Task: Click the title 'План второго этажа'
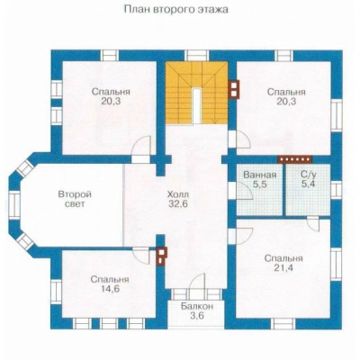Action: tap(176, 10)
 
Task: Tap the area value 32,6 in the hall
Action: tap(177, 204)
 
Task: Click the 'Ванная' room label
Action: tap(260, 175)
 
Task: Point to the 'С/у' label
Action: tap(308, 175)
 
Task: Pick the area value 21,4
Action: tap(283, 268)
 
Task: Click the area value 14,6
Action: tap(110, 289)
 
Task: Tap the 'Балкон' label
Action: tap(197, 306)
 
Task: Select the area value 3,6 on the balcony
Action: tap(197, 316)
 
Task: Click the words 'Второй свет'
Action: tap(75, 199)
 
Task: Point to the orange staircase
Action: tap(196, 93)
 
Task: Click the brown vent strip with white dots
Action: tap(295, 159)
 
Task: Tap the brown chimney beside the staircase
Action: tap(234, 89)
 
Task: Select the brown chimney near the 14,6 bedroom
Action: tap(161, 256)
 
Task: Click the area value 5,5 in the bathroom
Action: tap(260, 184)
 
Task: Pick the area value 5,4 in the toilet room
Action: tap(308, 184)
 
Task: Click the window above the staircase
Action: tap(196, 56)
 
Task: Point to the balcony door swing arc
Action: tap(198, 280)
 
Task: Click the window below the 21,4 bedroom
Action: tap(283, 324)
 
